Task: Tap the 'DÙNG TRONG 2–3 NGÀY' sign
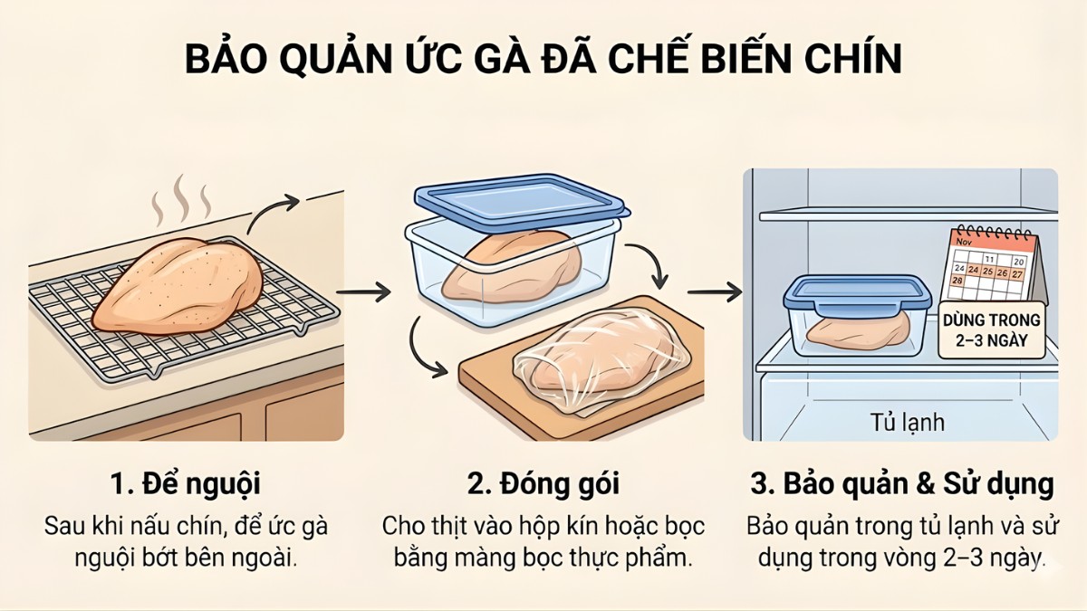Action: click(x=991, y=331)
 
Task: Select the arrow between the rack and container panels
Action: click(x=365, y=291)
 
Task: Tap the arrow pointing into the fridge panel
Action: click(x=716, y=291)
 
